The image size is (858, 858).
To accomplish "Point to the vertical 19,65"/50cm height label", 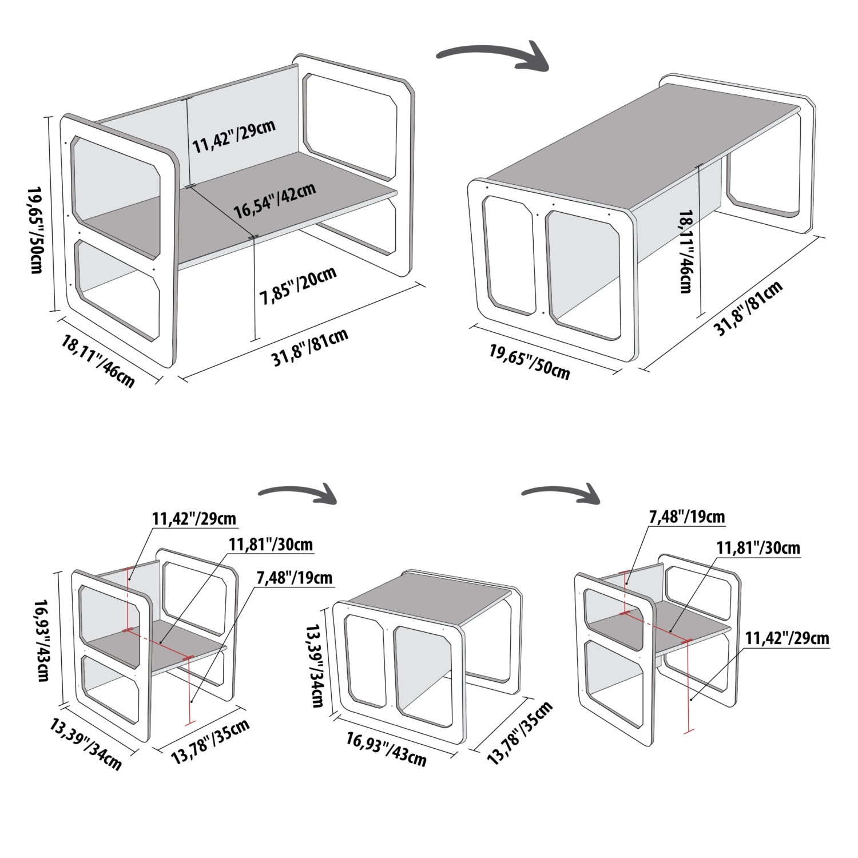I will [35, 229].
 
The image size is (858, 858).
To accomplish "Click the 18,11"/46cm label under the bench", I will [98, 361].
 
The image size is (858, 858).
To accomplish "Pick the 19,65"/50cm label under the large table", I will [529, 360].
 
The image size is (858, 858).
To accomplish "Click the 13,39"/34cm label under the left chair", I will [86, 744].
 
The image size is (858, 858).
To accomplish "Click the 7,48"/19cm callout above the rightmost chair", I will [686, 517].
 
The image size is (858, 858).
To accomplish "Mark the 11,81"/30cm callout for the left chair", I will [271, 544].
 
